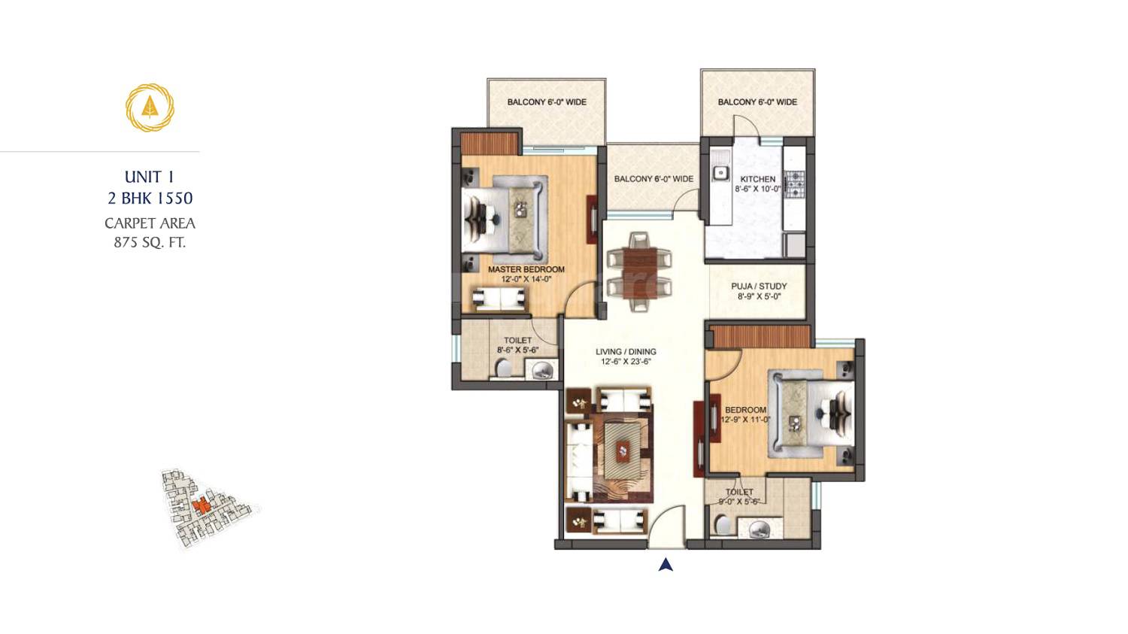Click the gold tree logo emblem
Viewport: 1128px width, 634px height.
(150, 108)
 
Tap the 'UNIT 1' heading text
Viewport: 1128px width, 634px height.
(149, 177)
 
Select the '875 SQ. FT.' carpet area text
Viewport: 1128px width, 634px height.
(150, 242)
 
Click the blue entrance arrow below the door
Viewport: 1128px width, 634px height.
(666, 565)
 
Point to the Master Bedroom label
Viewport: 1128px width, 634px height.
(526, 269)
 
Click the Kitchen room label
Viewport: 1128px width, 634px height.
(757, 179)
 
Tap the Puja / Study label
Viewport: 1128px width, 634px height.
(759, 286)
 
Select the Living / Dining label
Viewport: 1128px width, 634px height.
(626, 351)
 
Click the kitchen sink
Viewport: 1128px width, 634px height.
(720, 173)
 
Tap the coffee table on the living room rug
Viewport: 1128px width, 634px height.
(623, 450)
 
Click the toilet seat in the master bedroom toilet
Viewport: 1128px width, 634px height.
(504, 368)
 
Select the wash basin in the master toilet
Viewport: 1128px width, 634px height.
(541, 369)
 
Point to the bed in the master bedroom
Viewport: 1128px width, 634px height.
(505, 215)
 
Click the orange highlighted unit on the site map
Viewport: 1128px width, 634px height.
(200, 506)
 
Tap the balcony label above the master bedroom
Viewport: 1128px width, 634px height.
(547, 102)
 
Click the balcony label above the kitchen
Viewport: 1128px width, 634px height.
(757, 102)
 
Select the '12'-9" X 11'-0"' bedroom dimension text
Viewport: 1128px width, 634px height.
(745, 420)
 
